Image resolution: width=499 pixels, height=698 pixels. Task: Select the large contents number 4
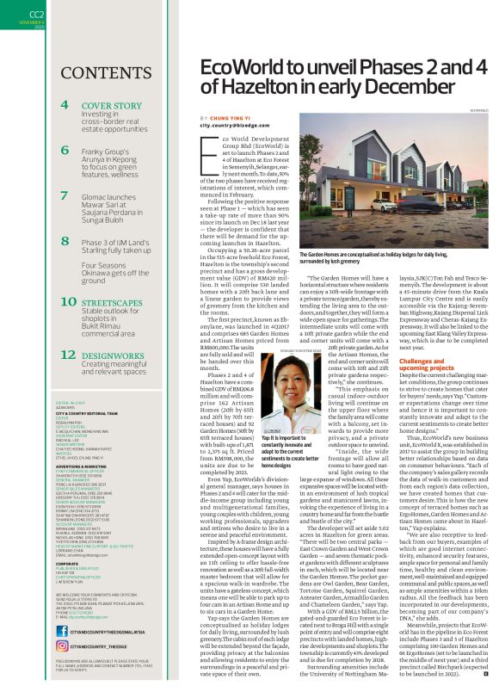(65, 105)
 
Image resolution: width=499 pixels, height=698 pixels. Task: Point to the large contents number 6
(65, 149)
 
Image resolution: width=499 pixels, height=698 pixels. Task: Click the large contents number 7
(65, 196)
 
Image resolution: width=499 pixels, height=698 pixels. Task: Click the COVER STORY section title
(112, 105)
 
